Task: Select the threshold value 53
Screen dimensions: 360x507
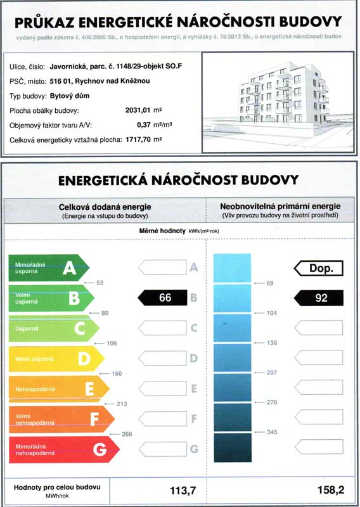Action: click(100, 283)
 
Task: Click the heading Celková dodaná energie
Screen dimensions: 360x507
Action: click(105, 207)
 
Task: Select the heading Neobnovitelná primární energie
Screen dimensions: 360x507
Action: click(280, 207)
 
